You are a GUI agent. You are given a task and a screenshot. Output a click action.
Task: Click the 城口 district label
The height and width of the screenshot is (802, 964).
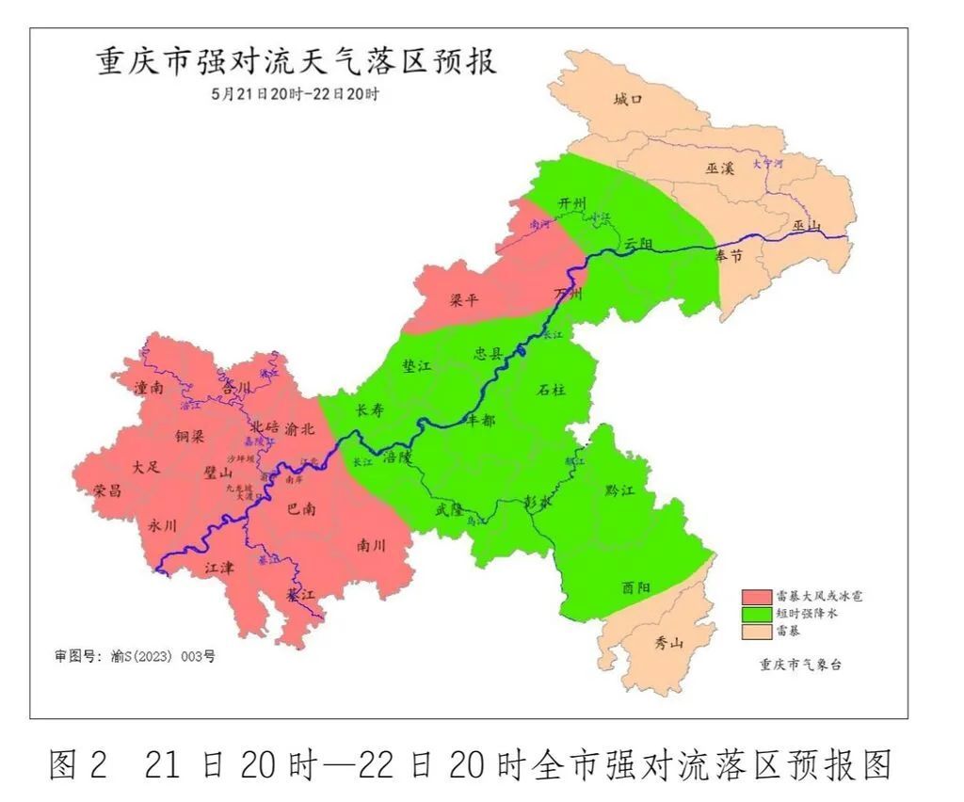627,100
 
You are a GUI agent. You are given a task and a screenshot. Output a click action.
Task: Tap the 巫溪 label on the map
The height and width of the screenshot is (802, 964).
719,168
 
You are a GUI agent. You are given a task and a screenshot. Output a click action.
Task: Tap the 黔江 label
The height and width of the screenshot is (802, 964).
620,491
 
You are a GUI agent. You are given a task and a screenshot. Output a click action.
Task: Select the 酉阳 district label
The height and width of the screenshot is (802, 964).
636,587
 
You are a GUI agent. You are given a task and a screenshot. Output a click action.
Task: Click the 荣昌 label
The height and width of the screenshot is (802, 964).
108,490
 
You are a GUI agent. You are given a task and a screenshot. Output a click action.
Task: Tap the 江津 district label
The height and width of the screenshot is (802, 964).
219,568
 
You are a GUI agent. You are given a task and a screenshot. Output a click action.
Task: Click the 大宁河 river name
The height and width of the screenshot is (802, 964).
767,164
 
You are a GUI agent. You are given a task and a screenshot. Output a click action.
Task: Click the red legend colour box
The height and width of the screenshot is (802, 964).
756,597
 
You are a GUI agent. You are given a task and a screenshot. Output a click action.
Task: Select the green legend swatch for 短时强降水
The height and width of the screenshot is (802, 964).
756,613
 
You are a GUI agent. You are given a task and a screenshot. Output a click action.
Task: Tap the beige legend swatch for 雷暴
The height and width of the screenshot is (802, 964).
756,630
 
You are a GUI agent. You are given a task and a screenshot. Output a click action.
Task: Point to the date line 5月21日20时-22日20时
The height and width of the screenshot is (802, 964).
295,94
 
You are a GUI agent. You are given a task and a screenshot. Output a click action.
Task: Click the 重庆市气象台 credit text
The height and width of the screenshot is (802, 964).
800,664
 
